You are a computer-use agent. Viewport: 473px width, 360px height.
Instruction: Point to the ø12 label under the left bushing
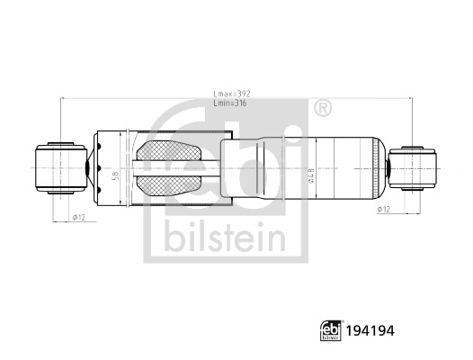pyautogui.click(x=78, y=217)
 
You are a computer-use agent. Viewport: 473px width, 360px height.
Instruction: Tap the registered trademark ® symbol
pyautogui.click(x=321, y=107)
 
